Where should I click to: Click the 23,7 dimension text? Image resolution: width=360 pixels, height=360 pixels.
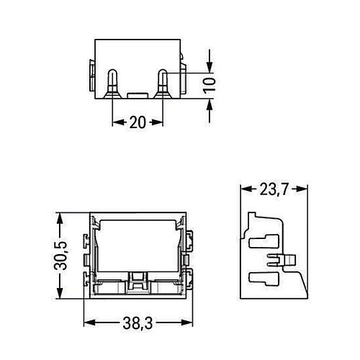[274, 190]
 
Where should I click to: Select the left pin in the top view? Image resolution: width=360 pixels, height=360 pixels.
[114, 83]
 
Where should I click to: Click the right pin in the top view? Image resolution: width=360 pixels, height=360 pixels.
[163, 83]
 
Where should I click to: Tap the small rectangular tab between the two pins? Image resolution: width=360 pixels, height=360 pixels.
[138, 94]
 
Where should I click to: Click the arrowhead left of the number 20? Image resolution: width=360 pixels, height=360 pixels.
[117, 122]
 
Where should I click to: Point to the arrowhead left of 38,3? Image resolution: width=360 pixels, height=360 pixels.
[89, 325]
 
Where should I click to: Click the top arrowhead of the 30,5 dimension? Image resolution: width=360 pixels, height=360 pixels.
[63, 217]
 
